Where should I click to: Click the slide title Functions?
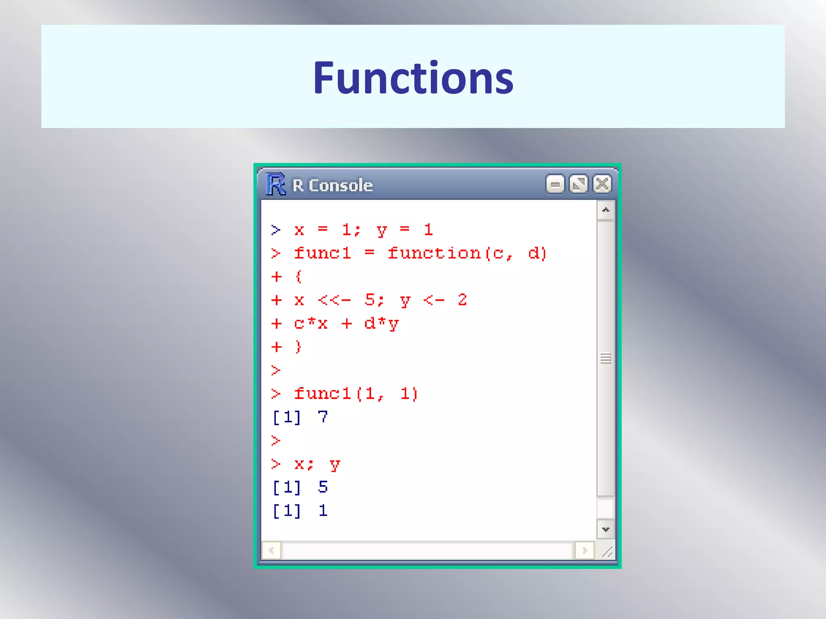413,77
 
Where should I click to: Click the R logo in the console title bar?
276,185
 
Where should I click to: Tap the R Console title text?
333,185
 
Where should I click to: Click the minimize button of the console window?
555,185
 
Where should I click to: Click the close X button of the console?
602,185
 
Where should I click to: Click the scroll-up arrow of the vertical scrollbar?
605,210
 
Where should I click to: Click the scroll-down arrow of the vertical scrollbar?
605,530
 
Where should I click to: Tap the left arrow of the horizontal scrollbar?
271,550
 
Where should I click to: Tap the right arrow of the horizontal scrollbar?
585,550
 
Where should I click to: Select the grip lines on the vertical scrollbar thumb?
605,358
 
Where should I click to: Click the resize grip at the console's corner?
607,551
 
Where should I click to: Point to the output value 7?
323,417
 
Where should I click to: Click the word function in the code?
434,253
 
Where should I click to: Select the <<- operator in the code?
334,300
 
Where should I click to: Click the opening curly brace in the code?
298,276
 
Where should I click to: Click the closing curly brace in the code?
298,347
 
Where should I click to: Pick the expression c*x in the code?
311,324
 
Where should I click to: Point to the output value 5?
323,487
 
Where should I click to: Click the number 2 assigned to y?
462,300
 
